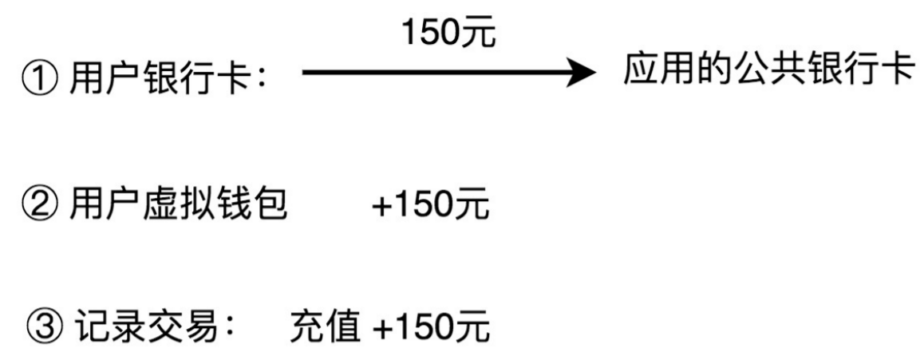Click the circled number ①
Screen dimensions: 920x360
(38, 79)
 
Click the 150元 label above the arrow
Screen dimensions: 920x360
(449, 34)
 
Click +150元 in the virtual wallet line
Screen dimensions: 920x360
(430, 208)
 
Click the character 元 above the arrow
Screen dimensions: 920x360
(479, 34)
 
